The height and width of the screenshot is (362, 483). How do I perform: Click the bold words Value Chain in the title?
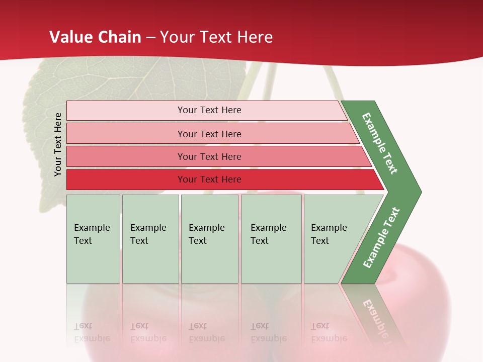pyautogui.click(x=95, y=37)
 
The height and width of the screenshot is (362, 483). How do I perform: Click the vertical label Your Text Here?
pyautogui.click(x=58, y=144)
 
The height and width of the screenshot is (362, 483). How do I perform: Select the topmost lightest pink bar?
pyautogui.click(x=126, y=111)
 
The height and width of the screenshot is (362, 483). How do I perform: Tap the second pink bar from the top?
pyautogui.click(x=126, y=134)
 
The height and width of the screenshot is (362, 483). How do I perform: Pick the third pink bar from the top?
pyautogui.click(x=126, y=156)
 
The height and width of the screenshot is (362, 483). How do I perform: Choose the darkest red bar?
pyautogui.click(x=126, y=179)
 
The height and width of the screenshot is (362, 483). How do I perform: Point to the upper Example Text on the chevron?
pyautogui.click(x=380, y=143)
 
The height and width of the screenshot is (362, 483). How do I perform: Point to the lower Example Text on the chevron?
pyautogui.click(x=381, y=238)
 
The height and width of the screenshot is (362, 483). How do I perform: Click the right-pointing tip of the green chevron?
pyautogui.click(x=419, y=192)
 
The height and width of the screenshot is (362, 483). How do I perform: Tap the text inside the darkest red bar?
pyautogui.click(x=209, y=179)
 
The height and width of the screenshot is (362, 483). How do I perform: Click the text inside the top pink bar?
pyautogui.click(x=209, y=110)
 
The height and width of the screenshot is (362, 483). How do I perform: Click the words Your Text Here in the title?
pyautogui.click(x=216, y=37)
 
